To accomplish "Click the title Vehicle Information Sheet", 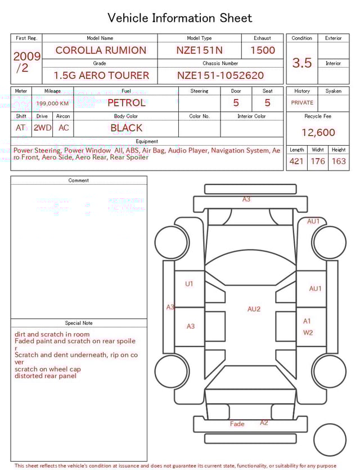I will coord(180,18).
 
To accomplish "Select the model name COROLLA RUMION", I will coord(101,50).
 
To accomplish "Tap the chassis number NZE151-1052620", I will coord(220,75).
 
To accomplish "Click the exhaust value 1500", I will coord(263,50).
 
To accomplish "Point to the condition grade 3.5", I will coord(302,63).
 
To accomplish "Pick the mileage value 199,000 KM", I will coord(52,104).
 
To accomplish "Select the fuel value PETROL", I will coord(126,103).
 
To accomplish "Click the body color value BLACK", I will coord(126,128).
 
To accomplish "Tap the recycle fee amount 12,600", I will coord(318,133).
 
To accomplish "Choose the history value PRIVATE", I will coord(302,103).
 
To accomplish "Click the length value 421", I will coord(296,162).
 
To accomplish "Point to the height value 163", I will coord(339,162).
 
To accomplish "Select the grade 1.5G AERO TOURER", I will coord(101,75).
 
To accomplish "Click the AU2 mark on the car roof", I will coord(254,309).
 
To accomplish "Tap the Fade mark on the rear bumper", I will coord(237,424).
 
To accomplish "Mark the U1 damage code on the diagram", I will coord(189,284).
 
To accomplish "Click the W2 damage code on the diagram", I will coord(308,333).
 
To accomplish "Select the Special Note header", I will coord(79,323).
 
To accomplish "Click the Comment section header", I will coord(79,181).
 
